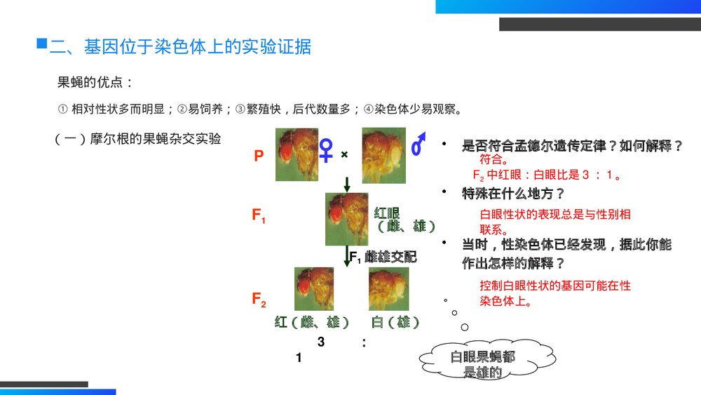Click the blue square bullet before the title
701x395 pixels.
pyautogui.click(x=41, y=43)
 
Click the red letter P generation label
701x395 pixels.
pyautogui.click(x=259, y=156)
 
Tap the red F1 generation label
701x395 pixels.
pyautogui.click(x=259, y=215)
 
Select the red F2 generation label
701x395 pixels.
pyautogui.click(x=259, y=299)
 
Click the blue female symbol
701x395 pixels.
pyautogui.click(x=326, y=150)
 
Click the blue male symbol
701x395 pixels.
pyautogui.click(x=418, y=144)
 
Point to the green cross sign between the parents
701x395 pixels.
pyautogui.click(x=344, y=154)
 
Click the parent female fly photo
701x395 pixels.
pyautogui.click(x=297, y=155)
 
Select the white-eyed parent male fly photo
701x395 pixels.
pyautogui.click(x=383, y=156)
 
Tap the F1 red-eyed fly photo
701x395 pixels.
pyautogui.click(x=346, y=219)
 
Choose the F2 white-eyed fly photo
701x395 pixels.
pyautogui.click(x=388, y=289)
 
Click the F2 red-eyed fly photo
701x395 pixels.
pyautogui.click(x=314, y=289)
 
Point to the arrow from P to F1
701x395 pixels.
pyautogui.click(x=346, y=185)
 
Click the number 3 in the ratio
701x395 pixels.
pyautogui.click(x=321, y=342)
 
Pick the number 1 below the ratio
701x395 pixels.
pyautogui.click(x=299, y=357)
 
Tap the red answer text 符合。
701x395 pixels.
pyautogui.click(x=494, y=159)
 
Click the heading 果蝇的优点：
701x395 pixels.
pyautogui.click(x=95, y=82)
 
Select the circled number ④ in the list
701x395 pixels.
pyautogui.click(x=369, y=109)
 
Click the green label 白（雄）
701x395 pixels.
pyautogui.click(x=395, y=322)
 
